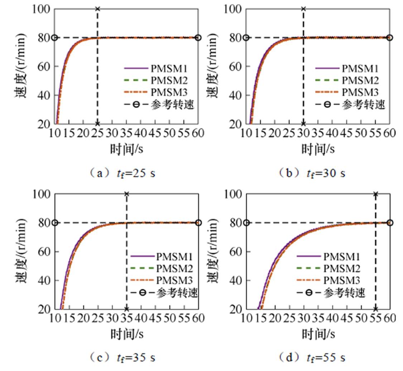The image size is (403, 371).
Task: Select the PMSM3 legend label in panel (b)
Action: pos(360,92)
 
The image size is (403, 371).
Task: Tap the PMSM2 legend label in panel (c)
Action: pos(175,268)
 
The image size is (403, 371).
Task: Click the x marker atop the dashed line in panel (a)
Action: pos(97,9)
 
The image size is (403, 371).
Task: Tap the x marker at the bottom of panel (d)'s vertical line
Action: pos(375,309)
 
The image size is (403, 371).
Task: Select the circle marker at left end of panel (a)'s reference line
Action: pos(54,38)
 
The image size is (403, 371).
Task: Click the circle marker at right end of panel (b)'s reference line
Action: pos(390,38)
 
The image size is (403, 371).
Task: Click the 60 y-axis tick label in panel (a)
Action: pos(45,67)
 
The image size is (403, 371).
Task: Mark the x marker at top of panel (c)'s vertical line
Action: pos(126,194)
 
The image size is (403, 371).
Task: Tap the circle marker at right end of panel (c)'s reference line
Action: pos(198,223)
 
